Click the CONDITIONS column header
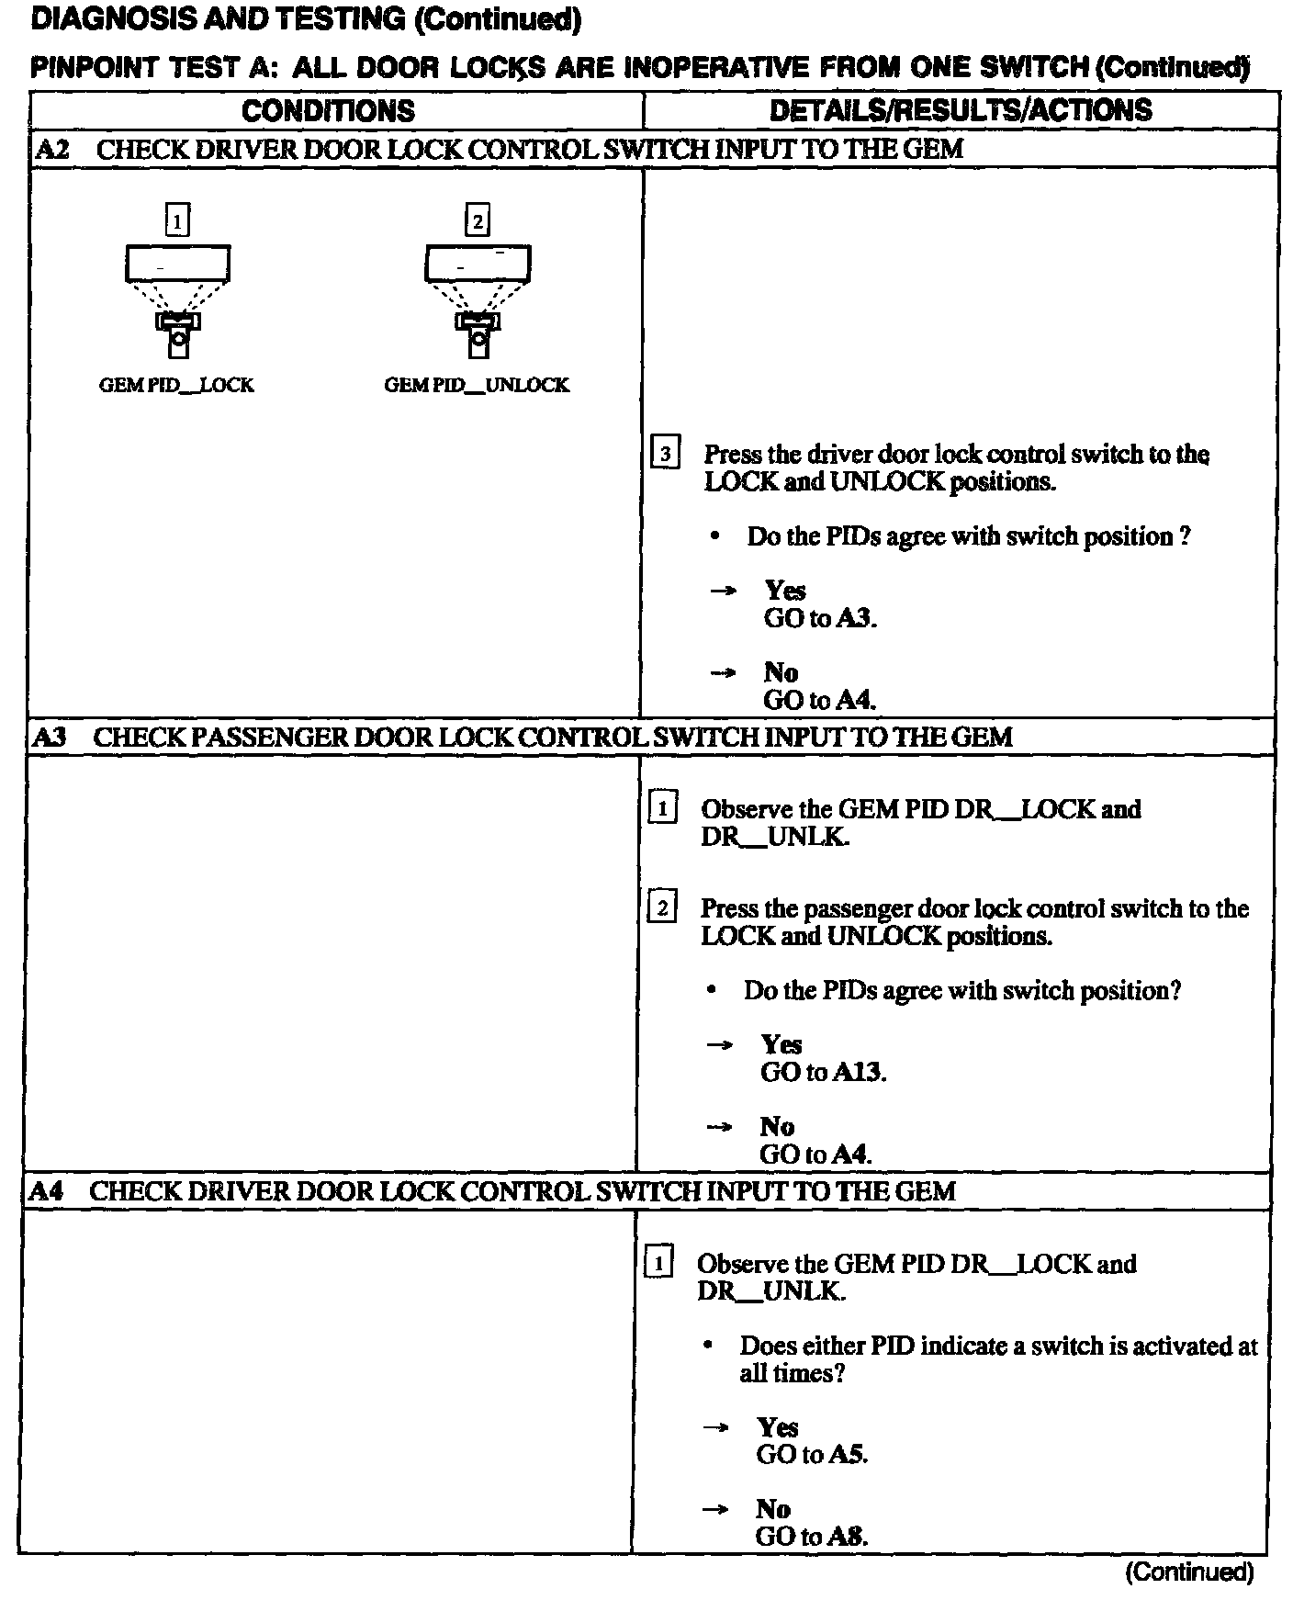(329, 111)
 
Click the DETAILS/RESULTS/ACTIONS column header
(961, 110)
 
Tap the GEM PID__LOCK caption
(176, 385)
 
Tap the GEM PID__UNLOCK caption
(477, 385)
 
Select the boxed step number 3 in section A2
(665, 454)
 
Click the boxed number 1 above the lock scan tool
(177, 220)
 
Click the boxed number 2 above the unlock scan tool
(478, 220)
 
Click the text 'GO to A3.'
(820, 618)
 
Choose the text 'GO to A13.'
(823, 1072)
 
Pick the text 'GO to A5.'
(812, 1454)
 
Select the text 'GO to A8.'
(811, 1536)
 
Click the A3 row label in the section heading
(51, 737)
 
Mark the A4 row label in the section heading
(48, 1191)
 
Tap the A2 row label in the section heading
(52, 149)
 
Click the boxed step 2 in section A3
(662, 908)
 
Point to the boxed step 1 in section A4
(658, 1264)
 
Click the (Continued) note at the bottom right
(1189, 1572)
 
